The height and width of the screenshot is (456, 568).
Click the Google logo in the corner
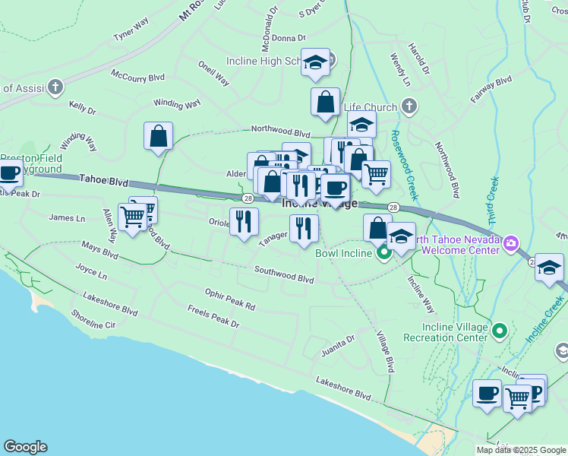(x=25, y=447)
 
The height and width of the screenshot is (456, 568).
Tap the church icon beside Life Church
(x=409, y=106)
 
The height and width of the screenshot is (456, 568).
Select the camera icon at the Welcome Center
(x=512, y=243)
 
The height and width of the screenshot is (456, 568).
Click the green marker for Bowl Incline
(x=384, y=253)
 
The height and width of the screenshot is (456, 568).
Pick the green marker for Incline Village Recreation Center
(x=499, y=331)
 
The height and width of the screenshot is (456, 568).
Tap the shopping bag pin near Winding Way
(x=158, y=137)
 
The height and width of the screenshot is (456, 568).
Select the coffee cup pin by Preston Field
(x=10, y=173)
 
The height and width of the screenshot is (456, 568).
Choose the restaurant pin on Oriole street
(x=244, y=222)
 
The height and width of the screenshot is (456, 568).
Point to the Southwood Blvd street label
(x=284, y=274)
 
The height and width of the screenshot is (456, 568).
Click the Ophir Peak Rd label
(x=230, y=300)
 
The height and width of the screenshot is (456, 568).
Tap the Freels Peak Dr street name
(x=213, y=317)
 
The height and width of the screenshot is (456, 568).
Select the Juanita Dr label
(x=338, y=343)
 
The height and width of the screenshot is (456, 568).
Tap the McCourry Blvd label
(x=137, y=76)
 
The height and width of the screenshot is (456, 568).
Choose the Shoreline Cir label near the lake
(x=93, y=325)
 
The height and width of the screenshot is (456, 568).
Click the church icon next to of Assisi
(x=55, y=87)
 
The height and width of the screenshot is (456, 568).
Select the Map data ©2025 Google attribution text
(x=521, y=450)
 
